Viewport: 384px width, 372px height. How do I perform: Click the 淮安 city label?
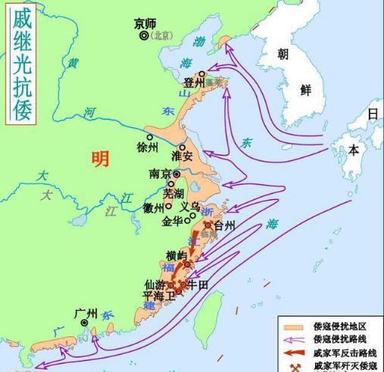click(183, 156)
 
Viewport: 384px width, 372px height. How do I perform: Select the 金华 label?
click(173, 222)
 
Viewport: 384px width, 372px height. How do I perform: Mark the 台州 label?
click(225, 225)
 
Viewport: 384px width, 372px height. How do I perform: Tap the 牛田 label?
click(197, 285)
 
